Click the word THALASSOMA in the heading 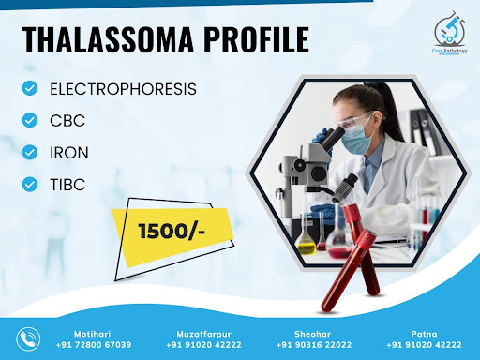(109, 39)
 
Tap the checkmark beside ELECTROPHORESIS (30, 88)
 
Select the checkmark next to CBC (30, 120)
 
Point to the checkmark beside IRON (30, 153)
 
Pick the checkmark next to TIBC (30, 184)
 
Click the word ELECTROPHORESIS (123, 89)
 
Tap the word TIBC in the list (67, 185)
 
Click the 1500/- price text (172, 232)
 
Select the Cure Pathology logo (450, 33)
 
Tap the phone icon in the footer (28, 339)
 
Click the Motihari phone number (94, 345)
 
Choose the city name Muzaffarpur (203, 334)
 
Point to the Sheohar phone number (314, 345)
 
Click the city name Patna (424, 334)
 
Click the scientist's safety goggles (353, 120)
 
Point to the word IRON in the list (69, 153)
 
